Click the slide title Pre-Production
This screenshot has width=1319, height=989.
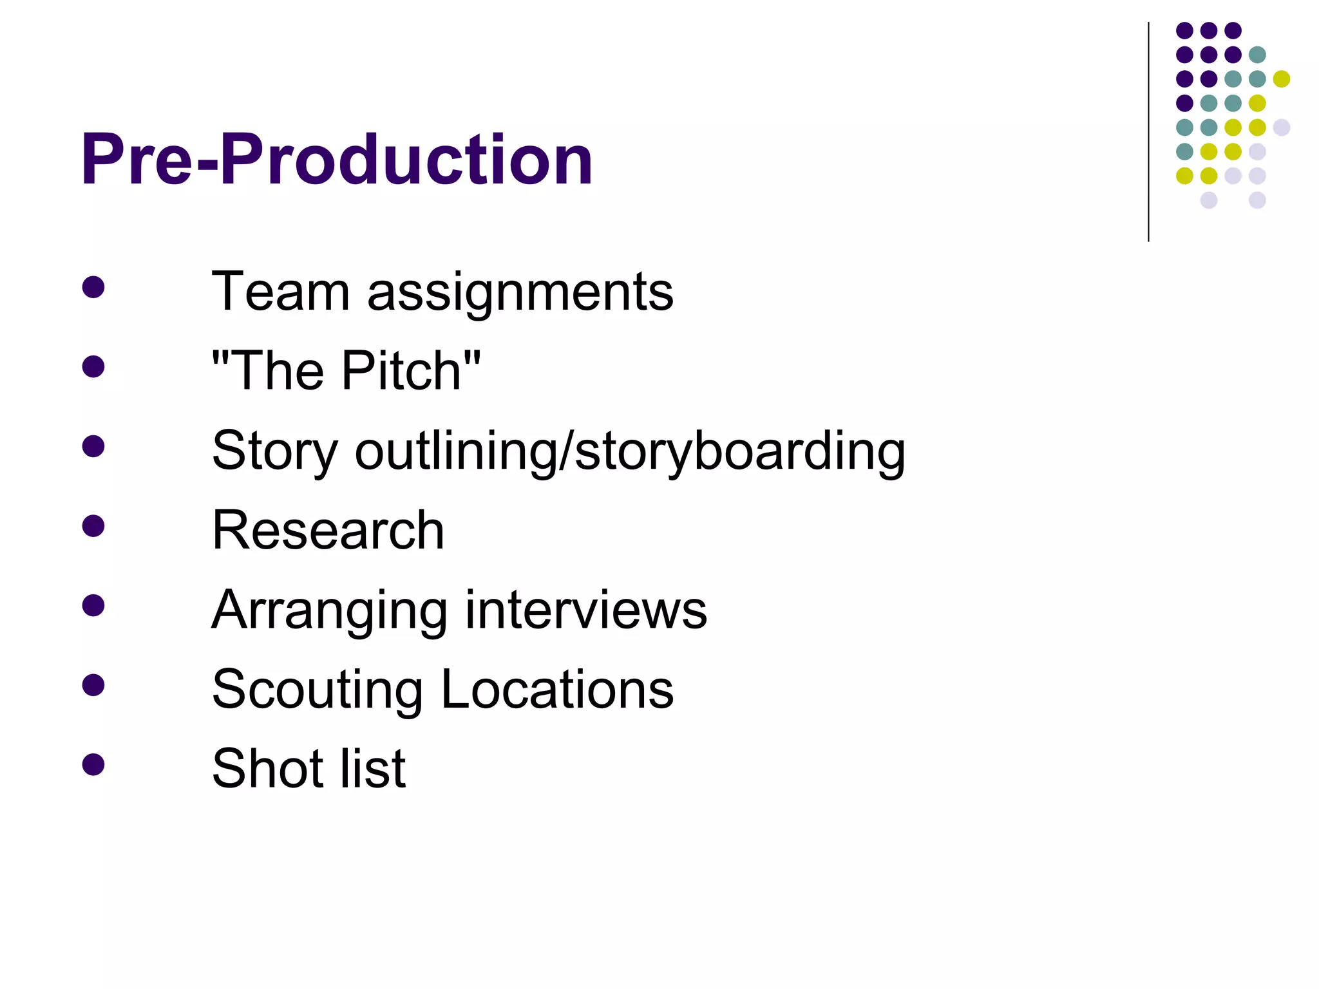click(336, 159)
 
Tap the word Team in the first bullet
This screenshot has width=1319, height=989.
click(280, 292)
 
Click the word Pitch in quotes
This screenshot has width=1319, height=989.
click(402, 371)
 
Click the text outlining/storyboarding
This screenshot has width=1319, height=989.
click(630, 452)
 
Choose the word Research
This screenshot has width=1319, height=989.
click(328, 530)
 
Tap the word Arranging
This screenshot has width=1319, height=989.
click(329, 611)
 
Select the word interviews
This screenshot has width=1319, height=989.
click(586, 610)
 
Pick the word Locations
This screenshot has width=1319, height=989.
click(557, 689)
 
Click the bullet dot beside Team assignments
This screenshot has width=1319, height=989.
click(93, 287)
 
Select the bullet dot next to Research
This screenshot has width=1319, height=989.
click(93, 526)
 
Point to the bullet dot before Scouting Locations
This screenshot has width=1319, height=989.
click(93, 685)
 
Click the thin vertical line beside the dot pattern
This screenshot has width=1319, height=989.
click(1148, 132)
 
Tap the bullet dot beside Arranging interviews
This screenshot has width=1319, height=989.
click(93, 605)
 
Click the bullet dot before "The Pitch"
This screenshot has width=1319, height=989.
click(93, 367)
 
